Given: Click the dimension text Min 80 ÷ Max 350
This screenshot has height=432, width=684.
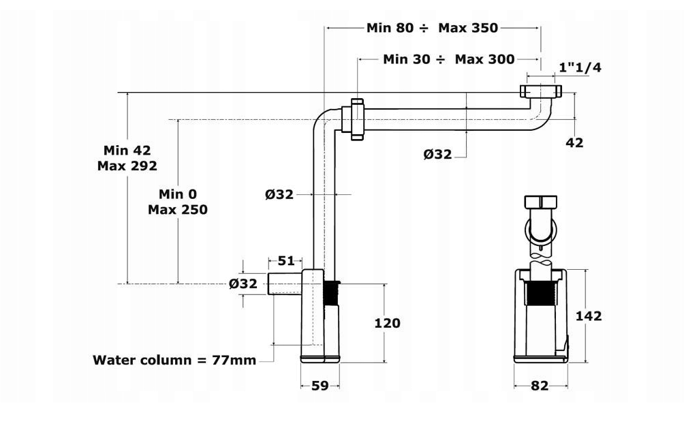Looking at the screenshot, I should pos(432,28).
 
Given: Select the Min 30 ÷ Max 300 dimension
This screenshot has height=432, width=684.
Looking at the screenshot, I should pos(448,59).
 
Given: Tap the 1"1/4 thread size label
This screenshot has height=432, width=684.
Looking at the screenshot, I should pos(580,67).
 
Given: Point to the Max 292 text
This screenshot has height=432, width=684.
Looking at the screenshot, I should pos(127,166).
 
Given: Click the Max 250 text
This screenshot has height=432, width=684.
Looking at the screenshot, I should pos(177,209).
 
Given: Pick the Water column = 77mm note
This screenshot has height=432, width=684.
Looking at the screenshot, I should pos(174,359).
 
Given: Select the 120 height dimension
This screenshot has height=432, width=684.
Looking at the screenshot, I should pos(387,323).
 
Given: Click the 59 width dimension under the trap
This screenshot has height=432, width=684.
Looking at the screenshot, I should pos(320,386).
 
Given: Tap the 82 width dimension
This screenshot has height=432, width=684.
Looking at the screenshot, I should pos(539,386).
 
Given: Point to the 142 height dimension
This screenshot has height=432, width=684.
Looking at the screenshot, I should pos(589,315).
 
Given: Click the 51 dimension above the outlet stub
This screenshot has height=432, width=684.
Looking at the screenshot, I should pos(286,260).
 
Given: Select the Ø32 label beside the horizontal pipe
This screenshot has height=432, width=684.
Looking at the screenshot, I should pos(437,154).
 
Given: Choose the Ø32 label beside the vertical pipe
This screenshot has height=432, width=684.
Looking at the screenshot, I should pos(279,194).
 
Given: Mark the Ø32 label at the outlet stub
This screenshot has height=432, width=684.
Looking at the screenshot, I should pos(243,283).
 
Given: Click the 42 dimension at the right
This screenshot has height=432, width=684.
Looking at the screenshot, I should pos(575,142).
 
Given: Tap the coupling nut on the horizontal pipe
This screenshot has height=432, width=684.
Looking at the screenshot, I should pos(357,119).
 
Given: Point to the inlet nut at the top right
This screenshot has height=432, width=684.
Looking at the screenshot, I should pos(540,91).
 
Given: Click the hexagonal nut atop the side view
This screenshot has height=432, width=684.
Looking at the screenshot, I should pos(542,202).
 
